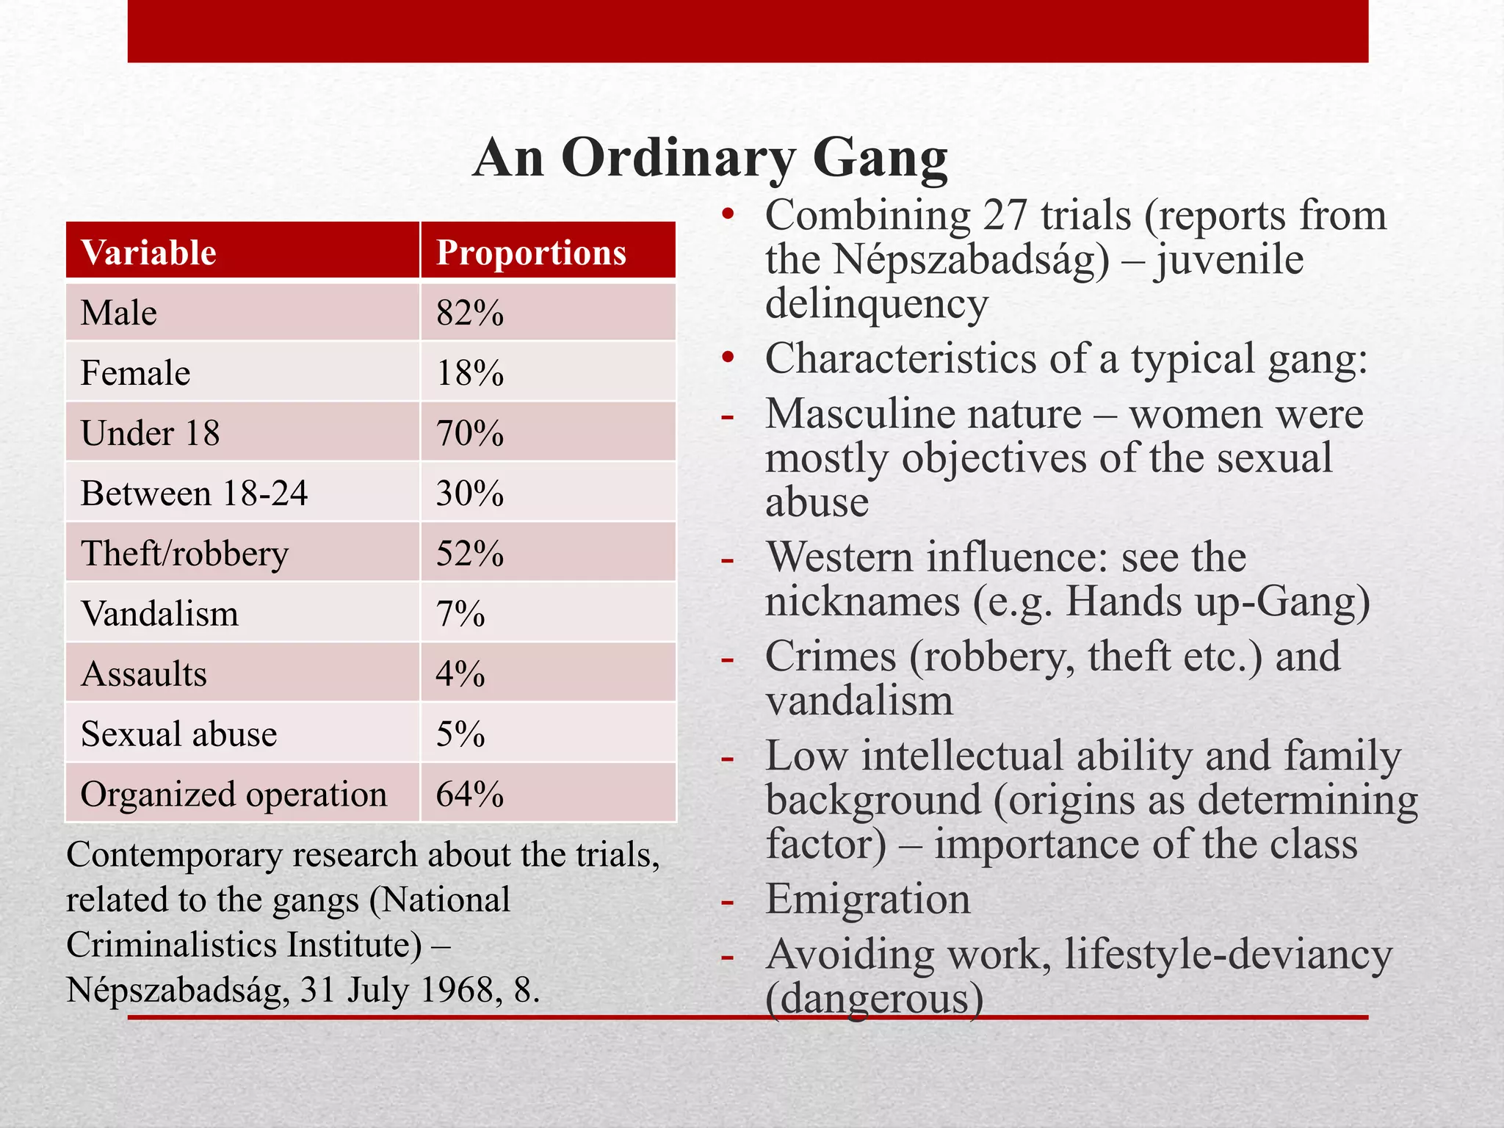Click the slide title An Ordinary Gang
pos(710,158)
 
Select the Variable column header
pos(148,253)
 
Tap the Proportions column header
pos(531,253)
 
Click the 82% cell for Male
pos(470,313)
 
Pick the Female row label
pos(135,373)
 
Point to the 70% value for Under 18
pos(470,433)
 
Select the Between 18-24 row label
pos(194,493)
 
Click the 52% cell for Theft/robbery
pos(470,554)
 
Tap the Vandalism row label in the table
pos(159,614)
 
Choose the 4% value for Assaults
pos(460,674)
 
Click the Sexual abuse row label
pos(178,734)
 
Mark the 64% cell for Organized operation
pos(470,795)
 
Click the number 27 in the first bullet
pos(1005,216)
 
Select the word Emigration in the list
pos(867,900)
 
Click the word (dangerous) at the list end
pos(874,999)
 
